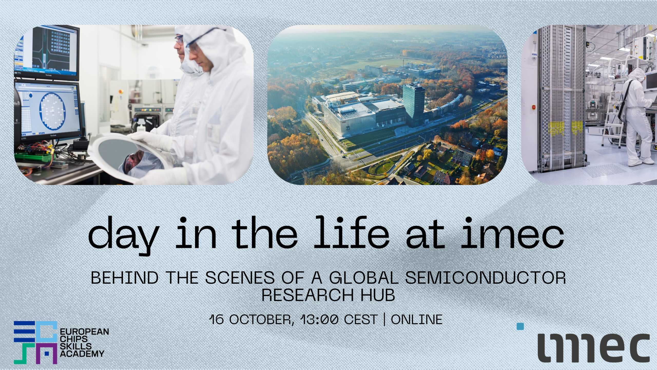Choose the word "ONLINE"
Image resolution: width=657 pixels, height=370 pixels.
417,320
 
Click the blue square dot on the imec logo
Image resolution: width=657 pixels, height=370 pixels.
520,326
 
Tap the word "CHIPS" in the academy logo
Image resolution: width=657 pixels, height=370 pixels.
73,339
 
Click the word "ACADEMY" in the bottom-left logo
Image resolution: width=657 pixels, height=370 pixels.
82,354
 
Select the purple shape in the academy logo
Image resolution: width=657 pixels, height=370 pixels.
46,354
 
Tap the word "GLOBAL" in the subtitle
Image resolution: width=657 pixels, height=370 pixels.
364,278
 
